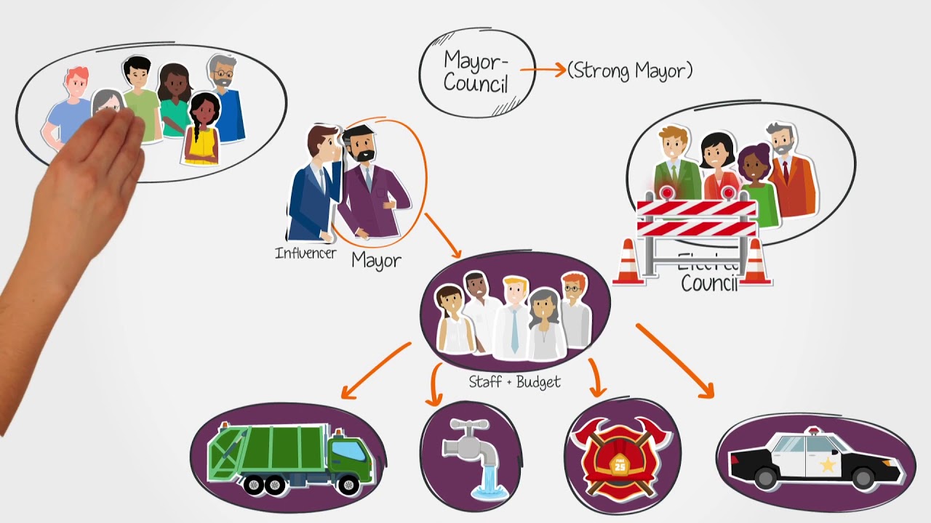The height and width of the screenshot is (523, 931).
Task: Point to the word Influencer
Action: pyautogui.click(x=305, y=254)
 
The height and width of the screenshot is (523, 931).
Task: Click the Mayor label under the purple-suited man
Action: pyautogui.click(x=376, y=260)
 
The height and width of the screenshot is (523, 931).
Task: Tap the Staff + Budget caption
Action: pyautogui.click(x=514, y=382)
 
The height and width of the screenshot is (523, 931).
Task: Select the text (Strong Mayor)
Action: pyautogui.click(x=630, y=70)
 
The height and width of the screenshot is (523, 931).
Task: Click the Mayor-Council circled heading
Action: pyautogui.click(x=476, y=71)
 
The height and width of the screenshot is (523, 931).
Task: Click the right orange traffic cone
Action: pyautogui.click(x=755, y=262)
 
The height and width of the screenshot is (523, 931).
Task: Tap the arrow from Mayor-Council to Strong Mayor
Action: pyautogui.click(x=543, y=70)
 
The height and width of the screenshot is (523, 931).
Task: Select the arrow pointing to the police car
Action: pyautogui.click(x=675, y=361)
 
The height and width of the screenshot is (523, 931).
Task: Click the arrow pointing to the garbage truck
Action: pyautogui.click(x=375, y=371)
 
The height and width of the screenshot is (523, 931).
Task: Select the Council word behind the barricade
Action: pyautogui.click(x=709, y=282)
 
